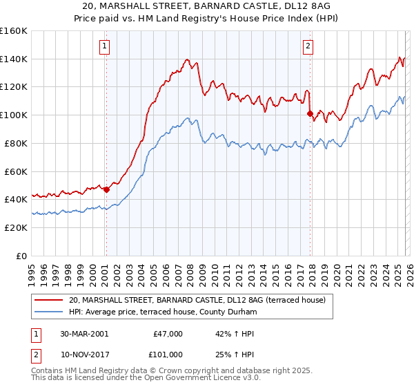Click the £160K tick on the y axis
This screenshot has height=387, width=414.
[x=14, y=31]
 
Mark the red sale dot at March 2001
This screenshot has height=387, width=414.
[x=106, y=189]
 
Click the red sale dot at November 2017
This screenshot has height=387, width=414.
[x=310, y=113]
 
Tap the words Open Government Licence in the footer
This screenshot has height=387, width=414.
[x=193, y=379]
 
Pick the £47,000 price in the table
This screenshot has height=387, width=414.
[x=166, y=334]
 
